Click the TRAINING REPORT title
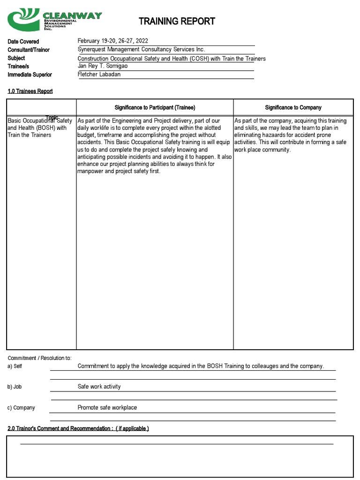click(x=177, y=21)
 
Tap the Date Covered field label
click(x=23, y=42)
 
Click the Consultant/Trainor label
click(x=29, y=50)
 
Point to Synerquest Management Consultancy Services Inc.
click(x=141, y=50)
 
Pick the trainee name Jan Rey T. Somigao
click(x=102, y=66)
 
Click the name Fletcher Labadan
click(x=99, y=74)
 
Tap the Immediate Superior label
click(x=30, y=75)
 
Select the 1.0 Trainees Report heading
click(x=30, y=91)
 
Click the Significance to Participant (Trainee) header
click(x=155, y=108)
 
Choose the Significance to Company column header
click(x=293, y=108)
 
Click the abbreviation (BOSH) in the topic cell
click(x=44, y=128)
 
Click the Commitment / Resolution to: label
click(x=40, y=358)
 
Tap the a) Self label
click(x=15, y=366)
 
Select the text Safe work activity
click(x=99, y=387)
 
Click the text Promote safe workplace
click(x=107, y=408)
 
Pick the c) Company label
click(x=21, y=408)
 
